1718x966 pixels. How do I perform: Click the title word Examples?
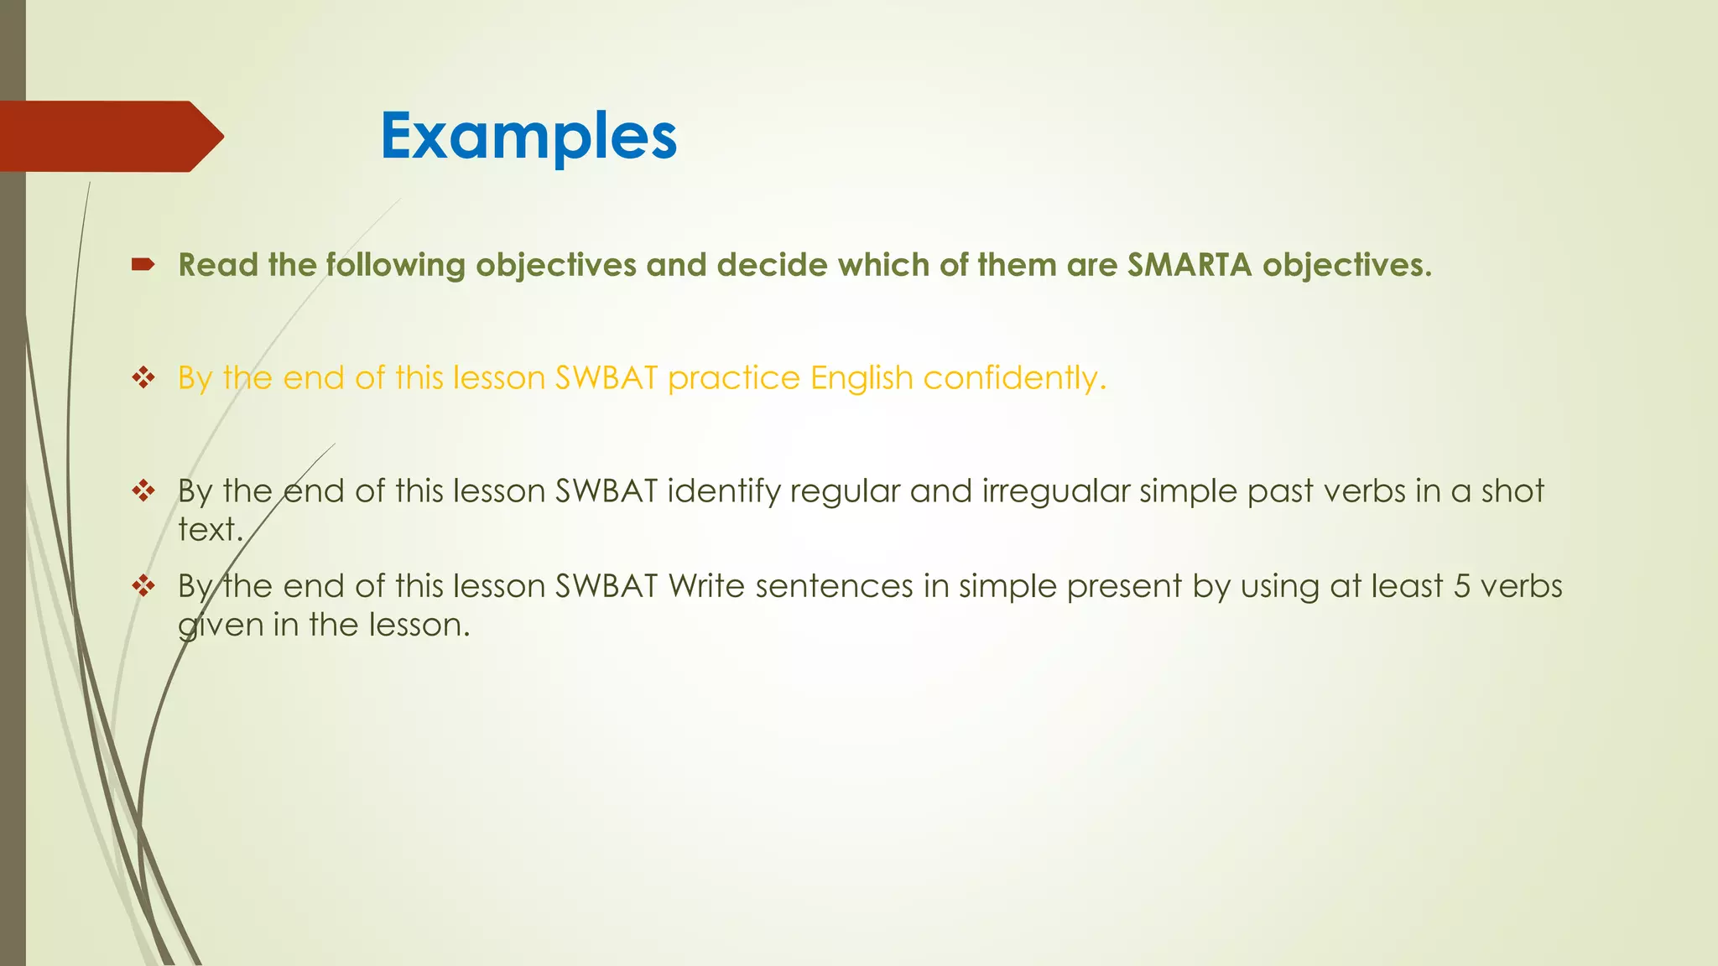528,136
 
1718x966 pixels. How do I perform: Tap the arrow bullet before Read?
143,266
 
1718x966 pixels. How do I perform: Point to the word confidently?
1014,378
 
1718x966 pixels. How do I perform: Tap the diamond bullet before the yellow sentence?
143,377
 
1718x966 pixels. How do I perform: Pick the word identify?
723,491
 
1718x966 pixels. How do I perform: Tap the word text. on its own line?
211,530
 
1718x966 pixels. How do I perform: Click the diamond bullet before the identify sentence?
143,491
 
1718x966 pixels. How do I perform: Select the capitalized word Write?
706,586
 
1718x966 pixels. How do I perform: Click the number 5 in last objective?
1461,586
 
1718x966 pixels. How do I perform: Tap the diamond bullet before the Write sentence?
143,585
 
